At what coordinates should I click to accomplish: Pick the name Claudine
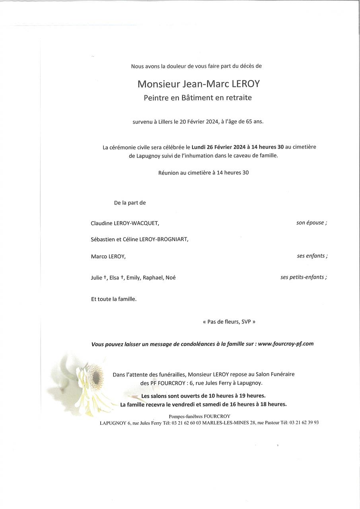pyautogui.click(x=101, y=223)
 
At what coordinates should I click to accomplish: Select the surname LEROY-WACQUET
pyautogui.click(x=136, y=223)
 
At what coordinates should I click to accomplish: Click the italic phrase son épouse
pyautogui.click(x=311, y=223)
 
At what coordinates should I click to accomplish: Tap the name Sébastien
pyautogui.click(x=103, y=239)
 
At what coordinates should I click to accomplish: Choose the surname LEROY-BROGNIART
pyautogui.click(x=163, y=239)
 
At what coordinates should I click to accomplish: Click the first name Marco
pyautogui.click(x=99, y=257)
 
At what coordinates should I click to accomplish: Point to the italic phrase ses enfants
pyautogui.click(x=312, y=256)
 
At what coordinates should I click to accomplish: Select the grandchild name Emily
pyautogui.click(x=133, y=278)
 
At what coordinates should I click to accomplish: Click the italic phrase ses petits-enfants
pyautogui.click(x=303, y=277)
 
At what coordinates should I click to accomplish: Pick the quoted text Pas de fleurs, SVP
pyautogui.click(x=229, y=322)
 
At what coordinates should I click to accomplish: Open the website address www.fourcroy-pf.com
pyautogui.click(x=286, y=344)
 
